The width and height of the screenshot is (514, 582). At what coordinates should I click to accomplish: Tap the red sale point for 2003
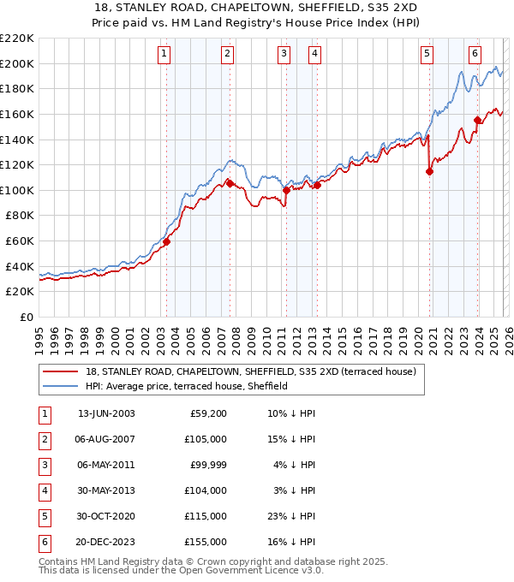(x=166, y=242)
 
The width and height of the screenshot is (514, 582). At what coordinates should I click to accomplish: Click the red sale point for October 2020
(x=429, y=171)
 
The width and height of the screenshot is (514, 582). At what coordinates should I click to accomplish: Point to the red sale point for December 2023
(x=477, y=120)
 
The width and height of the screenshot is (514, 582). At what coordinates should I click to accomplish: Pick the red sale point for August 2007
(x=230, y=183)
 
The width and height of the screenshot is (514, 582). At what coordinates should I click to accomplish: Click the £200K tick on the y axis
(x=17, y=63)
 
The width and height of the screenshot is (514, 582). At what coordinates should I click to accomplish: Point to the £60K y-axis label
(x=20, y=241)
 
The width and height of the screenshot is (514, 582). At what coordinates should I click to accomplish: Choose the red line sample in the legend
(x=61, y=371)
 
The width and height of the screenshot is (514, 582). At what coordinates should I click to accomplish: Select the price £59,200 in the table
(x=206, y=414)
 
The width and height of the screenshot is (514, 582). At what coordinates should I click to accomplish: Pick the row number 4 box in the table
(x=44, y=490)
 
